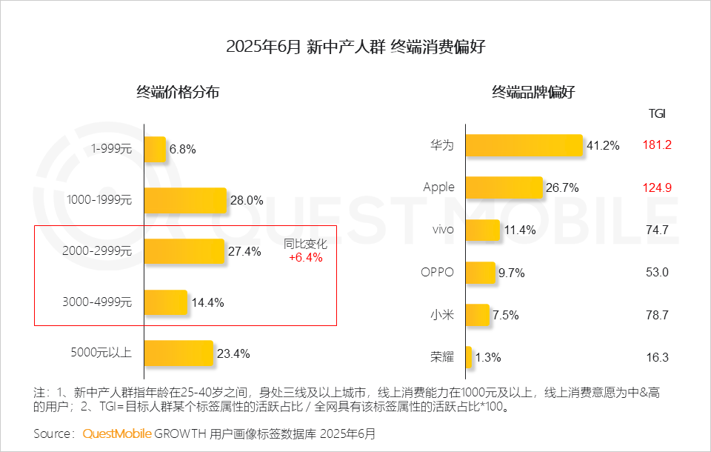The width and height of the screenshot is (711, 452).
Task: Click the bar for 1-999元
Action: pyautogui.click(x=155, y=150)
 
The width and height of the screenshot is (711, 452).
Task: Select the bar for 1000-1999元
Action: pyautogui.click(x=185, y=200)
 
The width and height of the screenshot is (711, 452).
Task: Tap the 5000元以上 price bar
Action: pyautogui.click(x=178, y=353)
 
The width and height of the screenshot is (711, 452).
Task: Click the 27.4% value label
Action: pyautogui.click(x=244, y=251)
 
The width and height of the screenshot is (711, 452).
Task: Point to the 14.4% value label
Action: pyautogui.click(x=207, y=302)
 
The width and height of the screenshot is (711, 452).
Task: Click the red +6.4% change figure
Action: pyautogui.click(x=306, y=258)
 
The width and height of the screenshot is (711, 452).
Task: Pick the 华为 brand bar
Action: pyautogui.click(x=524, y=145)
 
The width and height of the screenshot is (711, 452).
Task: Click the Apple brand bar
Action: pyautogui.click(x=504, y=187)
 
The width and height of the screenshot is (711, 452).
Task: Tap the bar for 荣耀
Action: pyautogui.click(x=469, y=357)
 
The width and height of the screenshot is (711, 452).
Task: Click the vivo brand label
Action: pyautogui.click(x=443, y=230)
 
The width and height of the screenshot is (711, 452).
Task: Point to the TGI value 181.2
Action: pyautogui.click(x=657, y=145)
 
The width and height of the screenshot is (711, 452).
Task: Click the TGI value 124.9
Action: pyautogui.click(x=657, y=187)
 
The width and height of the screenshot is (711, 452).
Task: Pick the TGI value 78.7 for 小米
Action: pyautogui.click(x=657, y=315)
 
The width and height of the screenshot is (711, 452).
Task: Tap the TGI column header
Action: pyautogui.click(x=657, y=113)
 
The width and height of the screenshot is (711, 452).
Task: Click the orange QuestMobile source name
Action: pyautogui.click(x=117, y=433)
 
